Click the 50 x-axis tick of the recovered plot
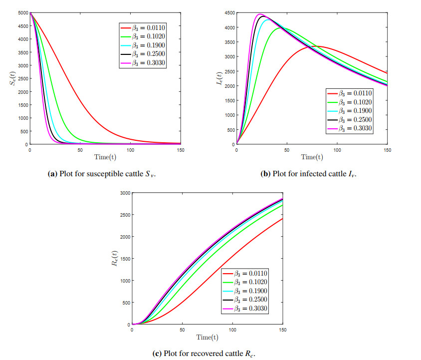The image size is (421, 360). pos(182,330)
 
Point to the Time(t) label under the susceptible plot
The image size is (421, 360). pos(105,157)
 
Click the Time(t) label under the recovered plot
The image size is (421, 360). pos(208,338)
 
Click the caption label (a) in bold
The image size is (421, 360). pos(52,174)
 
